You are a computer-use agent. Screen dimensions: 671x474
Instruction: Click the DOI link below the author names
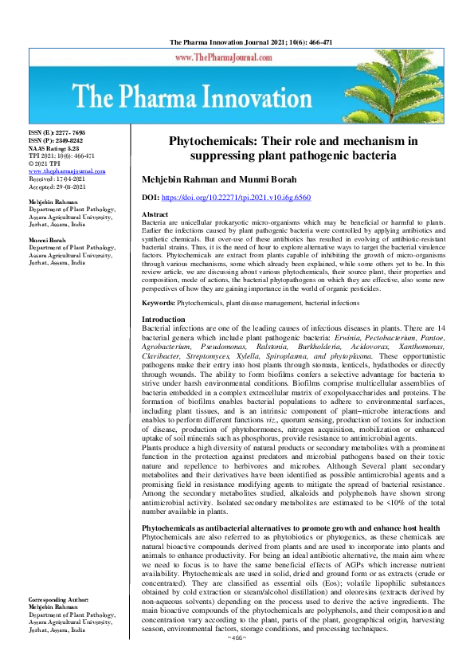pos(248,196)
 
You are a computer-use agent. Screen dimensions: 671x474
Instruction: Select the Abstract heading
pos(155,215)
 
